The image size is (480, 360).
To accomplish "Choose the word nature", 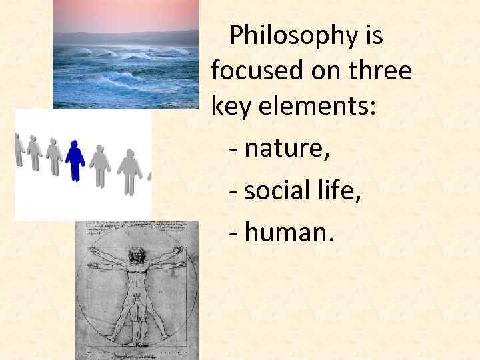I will click(287, 151).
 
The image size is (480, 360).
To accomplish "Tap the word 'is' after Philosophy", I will click(375, 36).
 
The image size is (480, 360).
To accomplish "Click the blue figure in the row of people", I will click(75, 161).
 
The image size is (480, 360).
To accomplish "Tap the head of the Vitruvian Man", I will click(137, 254).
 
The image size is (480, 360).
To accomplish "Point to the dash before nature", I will click(233, 151).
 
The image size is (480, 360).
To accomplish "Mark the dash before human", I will click(233, 232).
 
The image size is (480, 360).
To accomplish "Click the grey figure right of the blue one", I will click(101, 165).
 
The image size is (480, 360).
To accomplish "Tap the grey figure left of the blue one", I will click(54, 157).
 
